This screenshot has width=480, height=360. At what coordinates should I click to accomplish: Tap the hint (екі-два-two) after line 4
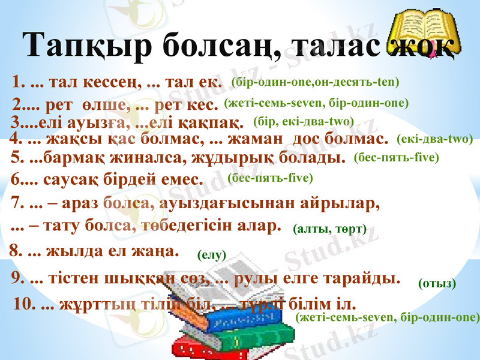435,139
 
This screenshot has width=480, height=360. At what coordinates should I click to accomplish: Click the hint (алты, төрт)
329,228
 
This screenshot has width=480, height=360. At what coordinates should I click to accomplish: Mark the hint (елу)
211,255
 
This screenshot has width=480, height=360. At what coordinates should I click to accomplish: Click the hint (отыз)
437,283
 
